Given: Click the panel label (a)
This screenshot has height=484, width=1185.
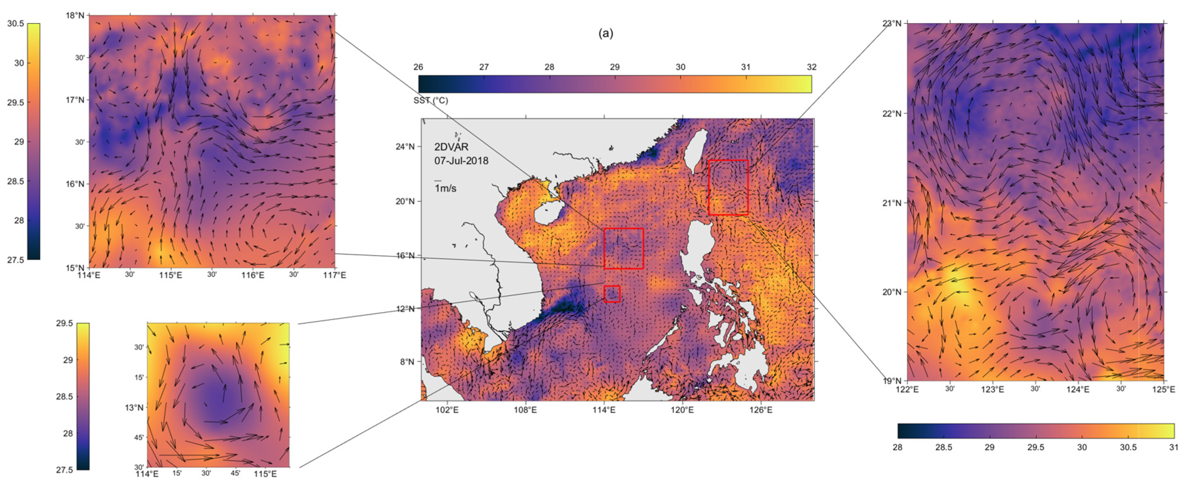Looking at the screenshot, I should click(605, 33).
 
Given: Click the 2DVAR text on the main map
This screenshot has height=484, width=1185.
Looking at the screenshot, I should click(451, 147).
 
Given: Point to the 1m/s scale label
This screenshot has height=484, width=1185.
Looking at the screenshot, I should click(445, 189).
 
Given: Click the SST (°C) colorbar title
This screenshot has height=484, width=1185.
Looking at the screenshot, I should click(431, 100).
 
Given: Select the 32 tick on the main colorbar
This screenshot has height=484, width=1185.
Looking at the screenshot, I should click(811, 67).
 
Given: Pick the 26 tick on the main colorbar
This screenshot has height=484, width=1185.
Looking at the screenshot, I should click(418, 67).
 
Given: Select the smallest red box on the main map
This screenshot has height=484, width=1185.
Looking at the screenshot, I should click(612, 294).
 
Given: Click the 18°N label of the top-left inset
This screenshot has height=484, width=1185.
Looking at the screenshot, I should click(75, 15).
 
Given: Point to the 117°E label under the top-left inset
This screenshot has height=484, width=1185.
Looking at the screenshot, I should click(335, 275).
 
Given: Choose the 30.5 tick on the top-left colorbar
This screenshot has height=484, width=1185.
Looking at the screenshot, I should click(15, 24).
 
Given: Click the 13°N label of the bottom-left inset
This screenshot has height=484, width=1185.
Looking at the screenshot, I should click(134, 407).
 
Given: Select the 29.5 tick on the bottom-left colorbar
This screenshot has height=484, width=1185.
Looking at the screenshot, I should click(64, 323).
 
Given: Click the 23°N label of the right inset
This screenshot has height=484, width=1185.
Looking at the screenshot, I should click(891, 23).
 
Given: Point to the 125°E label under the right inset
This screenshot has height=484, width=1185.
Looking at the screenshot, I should click(1164, 389).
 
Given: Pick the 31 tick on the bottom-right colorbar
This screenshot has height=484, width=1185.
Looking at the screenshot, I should click(1174, 448).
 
